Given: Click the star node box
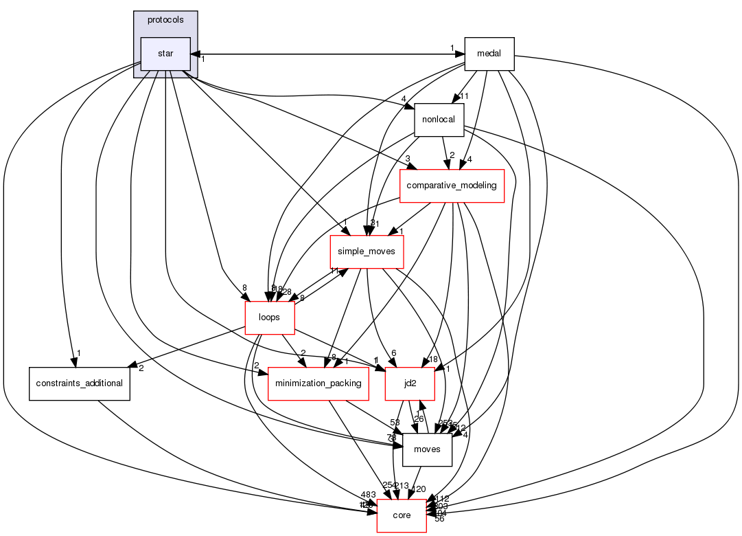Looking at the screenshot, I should [165, 54].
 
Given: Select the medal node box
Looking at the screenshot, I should [489, 54].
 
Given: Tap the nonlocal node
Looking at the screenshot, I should [438, 120].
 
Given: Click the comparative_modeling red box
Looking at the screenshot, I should [452, 186].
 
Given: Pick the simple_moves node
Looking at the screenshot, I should [366, 252].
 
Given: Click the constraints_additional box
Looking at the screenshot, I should [79, 383].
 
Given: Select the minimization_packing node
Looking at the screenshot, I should [318, 383].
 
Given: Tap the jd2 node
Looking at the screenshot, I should [410, 383].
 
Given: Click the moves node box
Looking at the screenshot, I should [426, 449].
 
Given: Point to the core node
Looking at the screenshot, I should [402, 515].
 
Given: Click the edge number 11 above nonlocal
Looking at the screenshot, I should [463, 96].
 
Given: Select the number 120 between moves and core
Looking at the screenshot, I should [419, 489].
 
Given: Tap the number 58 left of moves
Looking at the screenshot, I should [395, 422].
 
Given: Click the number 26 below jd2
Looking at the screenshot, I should [418, 418].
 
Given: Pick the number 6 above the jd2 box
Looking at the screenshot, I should [394, 353].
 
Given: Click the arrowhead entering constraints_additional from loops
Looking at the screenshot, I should [134, 365].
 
